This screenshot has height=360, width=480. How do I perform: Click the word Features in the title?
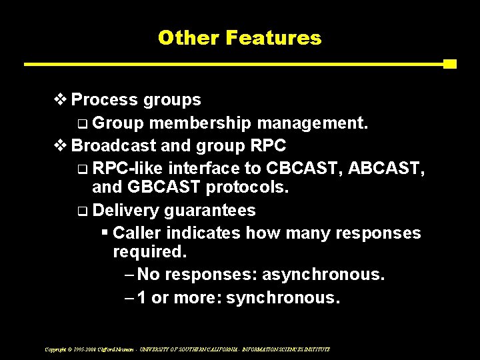pos(273,38)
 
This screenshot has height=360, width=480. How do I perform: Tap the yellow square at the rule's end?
pos(449,64)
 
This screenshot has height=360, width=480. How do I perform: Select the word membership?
pos(200,123)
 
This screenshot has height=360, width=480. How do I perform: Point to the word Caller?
pos(137,233)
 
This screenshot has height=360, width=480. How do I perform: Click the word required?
pos(150,253)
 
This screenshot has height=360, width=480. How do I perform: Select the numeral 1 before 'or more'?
pos(142,297)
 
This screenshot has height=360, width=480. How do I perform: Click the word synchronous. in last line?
pos(283,297)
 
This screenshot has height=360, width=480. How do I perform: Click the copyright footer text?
pos(187,349)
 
